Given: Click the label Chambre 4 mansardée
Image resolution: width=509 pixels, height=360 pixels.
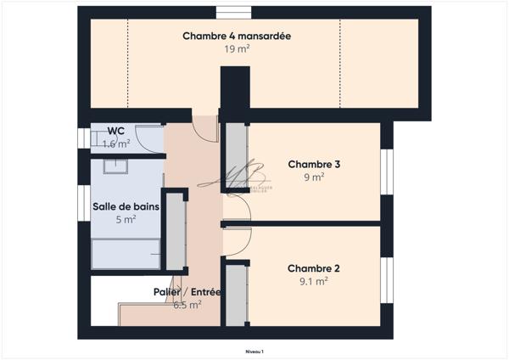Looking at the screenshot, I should (237, 36).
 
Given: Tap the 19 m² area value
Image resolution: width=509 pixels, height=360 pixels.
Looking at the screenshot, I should (237, 49).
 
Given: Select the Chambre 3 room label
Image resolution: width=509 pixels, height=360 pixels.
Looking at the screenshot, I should (314, 164).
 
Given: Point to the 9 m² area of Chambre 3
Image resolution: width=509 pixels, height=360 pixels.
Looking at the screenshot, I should (314, 177).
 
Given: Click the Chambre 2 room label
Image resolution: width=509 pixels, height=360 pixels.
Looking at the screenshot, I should (314, 267).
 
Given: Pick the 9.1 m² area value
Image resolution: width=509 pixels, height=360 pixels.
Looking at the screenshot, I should (314, 281).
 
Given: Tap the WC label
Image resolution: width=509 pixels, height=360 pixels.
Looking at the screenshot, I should (116, 131).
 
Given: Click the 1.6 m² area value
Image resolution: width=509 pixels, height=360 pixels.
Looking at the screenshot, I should (116, 143).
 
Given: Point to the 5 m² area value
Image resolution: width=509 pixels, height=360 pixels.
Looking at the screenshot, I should (126, 219).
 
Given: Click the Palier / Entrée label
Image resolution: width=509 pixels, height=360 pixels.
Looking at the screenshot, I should (187, 292).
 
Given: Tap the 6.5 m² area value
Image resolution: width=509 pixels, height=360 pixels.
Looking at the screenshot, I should (187, 305).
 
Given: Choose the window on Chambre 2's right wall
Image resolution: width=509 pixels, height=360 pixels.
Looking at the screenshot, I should (387, 279).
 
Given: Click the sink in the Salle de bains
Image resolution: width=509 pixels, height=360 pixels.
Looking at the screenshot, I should (118, 166).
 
